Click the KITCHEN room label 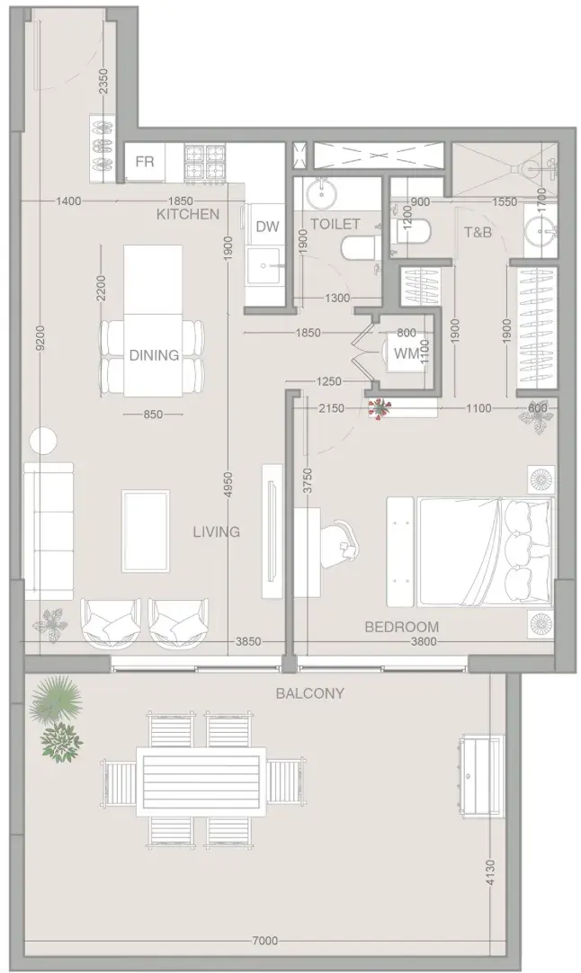click(187, 215)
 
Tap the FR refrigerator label click(145, 163)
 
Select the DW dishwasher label click(267, 228)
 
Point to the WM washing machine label click(407, 353)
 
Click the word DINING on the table click(154, 355)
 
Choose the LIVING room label click(216, 531)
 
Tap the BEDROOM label click(402, 627)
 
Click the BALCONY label click(309, 693)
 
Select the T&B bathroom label click(478, 233)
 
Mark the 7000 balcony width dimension click(265, 942)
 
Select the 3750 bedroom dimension click(308, 481)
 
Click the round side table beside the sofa click(43, 441)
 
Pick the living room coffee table click(146, 531)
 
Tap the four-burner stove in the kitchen click(204, 163)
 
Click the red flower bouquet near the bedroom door click(380, 408)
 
